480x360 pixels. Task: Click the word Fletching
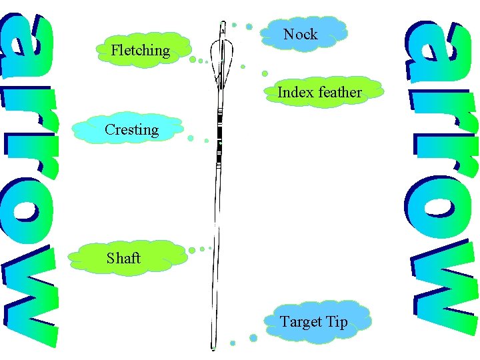coord(140,50)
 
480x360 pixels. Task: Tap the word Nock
coord(300,34)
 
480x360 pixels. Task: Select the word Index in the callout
coord(295,92)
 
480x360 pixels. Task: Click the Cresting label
coord(131,129)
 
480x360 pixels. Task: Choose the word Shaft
coord(123,257)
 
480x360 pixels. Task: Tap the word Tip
coord(337,321)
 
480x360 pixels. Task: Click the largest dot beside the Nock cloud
coord(249,27)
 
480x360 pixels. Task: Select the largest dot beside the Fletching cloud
coord(193,59)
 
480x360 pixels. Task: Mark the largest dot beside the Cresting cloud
coord(191,139)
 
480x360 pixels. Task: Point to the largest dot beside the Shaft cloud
coord(192,251)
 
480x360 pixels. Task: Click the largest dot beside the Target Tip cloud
coord(253,337)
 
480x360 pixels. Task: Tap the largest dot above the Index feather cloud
coord(265,73)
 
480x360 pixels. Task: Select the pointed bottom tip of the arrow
coord(213,348)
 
